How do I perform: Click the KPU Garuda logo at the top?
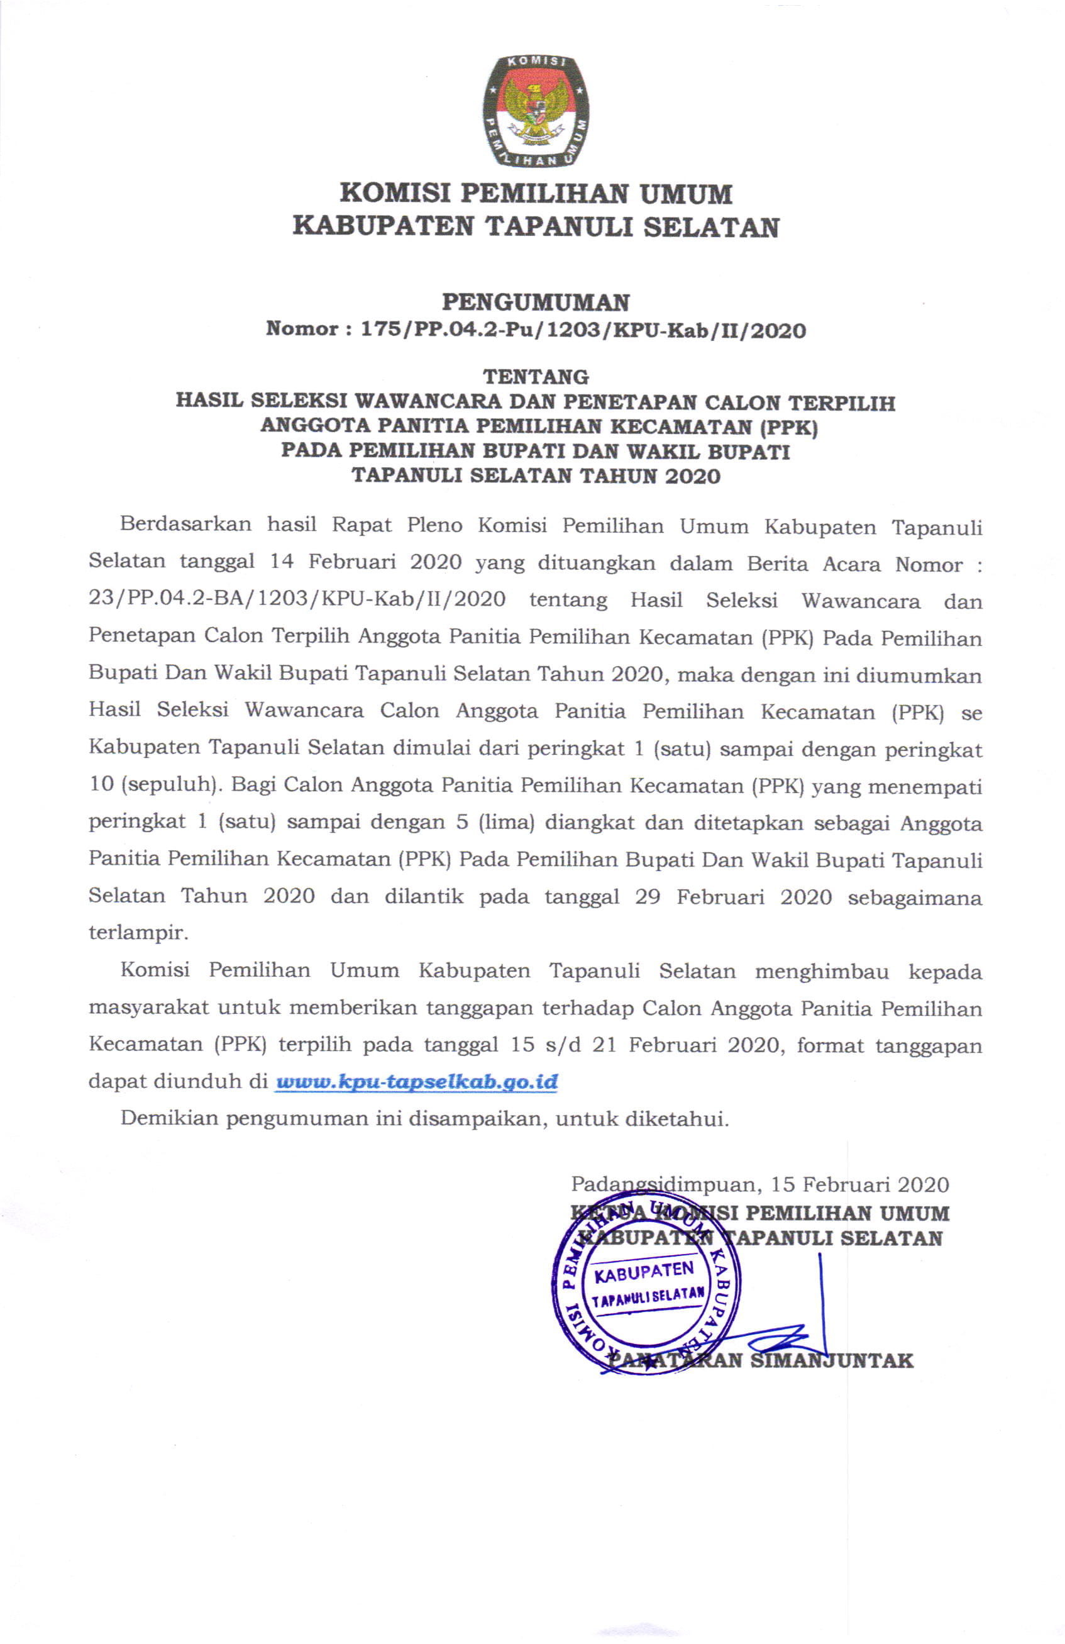tap(535, 111)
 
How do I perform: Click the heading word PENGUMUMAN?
tap(535, 302)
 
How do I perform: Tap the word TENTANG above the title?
tap(535, 377)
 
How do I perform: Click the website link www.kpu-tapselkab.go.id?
tap(416, 1082)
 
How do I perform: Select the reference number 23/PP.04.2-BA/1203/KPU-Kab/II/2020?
tap(297, 598)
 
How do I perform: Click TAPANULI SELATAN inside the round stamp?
tap(647, 1297)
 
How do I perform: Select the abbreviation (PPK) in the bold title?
tap(786, 426)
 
